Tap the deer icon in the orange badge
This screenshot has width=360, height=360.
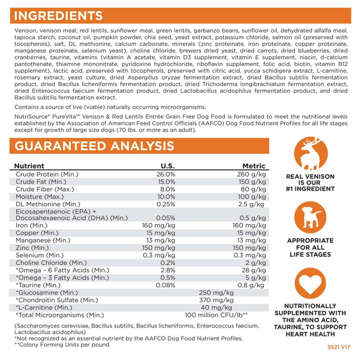coord(311,155)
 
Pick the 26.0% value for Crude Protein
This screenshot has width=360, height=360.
coord(164,174)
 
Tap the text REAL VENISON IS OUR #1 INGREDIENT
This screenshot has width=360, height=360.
coord(311,184)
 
